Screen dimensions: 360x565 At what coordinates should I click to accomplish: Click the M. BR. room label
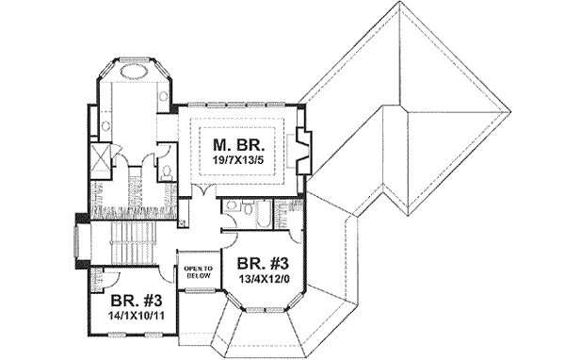pos(237,146)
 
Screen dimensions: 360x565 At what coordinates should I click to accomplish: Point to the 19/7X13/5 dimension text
pos(237,162)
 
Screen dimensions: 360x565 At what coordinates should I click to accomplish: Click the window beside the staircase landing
pos(76,241)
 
